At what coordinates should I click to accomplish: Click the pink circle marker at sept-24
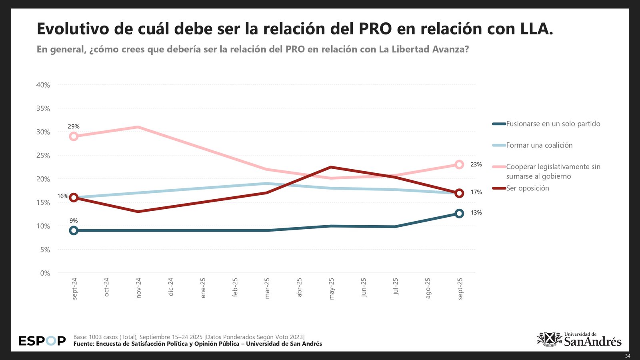tap(74, 136)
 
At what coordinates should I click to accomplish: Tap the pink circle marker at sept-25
tap(459, 164)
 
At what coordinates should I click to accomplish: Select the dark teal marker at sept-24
tap(74, 230)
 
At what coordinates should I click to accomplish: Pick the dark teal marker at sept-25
tap(459, 214)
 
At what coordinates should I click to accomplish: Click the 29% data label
tap(74, 126)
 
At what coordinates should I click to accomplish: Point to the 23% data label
tap(476, 164)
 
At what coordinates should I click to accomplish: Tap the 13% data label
tap(476, 213)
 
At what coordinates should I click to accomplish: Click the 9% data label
tap(74, 221)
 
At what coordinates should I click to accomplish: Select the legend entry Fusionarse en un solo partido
tap(553, 124)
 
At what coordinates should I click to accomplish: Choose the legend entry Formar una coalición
tap(539, 145)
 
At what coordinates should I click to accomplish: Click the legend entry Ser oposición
tap(527, 188)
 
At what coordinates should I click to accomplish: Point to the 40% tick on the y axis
tap(43, 85)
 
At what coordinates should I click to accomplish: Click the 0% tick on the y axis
tap(45, 273)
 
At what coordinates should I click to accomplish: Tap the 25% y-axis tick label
tap(43, 156)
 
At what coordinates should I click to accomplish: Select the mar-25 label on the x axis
tap(267, 288)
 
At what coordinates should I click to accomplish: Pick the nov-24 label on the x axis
tap(138, 288)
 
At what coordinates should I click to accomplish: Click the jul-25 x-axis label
tap(396, 286)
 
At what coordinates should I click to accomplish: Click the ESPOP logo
tap(42, 341)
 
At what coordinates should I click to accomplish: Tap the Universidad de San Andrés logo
tap(579, 340)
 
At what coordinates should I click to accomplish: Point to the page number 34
tap(628, 356)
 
